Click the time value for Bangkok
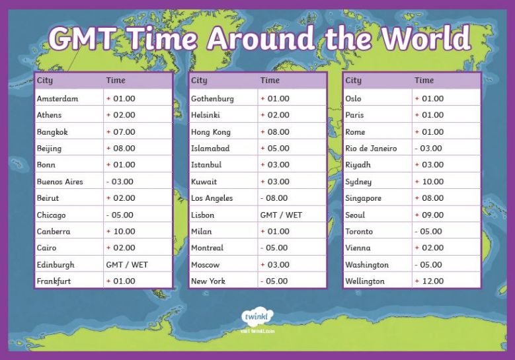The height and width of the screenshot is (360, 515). pos(120,132)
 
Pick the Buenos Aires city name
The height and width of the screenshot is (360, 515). pos(59,182)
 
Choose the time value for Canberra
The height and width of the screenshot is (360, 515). pos(120,231)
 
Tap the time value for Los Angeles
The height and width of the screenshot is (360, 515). pos(274,198)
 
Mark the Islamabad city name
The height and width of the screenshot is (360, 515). pos(210,149)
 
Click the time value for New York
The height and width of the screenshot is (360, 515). pos(274,281)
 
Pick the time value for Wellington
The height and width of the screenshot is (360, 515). pos(429,281)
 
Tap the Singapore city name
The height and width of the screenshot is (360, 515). pos(363,198)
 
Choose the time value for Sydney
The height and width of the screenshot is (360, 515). pos(429,182)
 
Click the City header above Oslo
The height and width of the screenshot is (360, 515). pos(354,81)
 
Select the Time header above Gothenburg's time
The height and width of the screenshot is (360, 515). pos(270,80)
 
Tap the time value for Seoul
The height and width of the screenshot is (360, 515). pos(429,215)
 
